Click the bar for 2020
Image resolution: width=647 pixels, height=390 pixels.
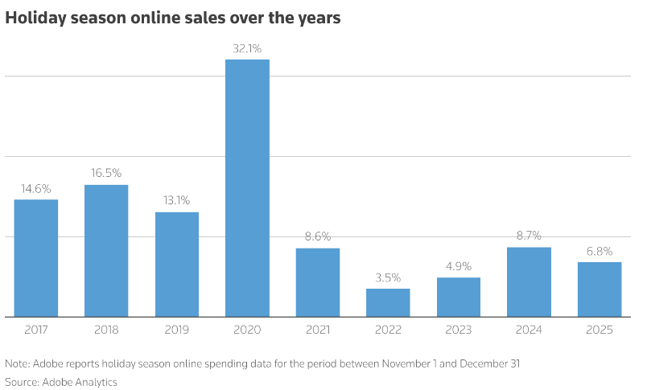[x=247, y=187]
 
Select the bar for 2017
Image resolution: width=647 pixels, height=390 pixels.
[x=36, y=257]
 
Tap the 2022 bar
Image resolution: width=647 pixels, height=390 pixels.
[x=388, y=302]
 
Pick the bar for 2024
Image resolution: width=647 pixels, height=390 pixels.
[x=529, y=281]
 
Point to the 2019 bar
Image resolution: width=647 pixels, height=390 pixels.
[x=177, y=264]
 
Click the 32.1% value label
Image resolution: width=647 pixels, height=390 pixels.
[x=247, y=48]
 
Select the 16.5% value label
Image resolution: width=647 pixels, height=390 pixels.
[x=106, y=173]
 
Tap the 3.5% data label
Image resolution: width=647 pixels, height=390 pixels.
[x=388, y=277]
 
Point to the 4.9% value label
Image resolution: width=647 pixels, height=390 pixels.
[x=458, y=266]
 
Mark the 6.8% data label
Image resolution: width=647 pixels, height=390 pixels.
[x=599, y=251]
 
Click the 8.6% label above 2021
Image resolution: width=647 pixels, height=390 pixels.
[x=317, y=236]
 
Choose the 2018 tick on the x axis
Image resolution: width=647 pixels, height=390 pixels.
[x=106, y=330]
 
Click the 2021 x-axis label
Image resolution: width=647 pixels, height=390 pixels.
[x=317, y=330]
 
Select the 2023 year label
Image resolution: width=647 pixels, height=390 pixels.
[x=458, y=330]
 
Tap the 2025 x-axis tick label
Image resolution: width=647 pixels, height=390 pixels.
[x=599, y=330]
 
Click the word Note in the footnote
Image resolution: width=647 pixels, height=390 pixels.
[x=15, y=363]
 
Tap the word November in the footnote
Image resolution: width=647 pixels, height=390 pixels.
[x=407, y=363]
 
